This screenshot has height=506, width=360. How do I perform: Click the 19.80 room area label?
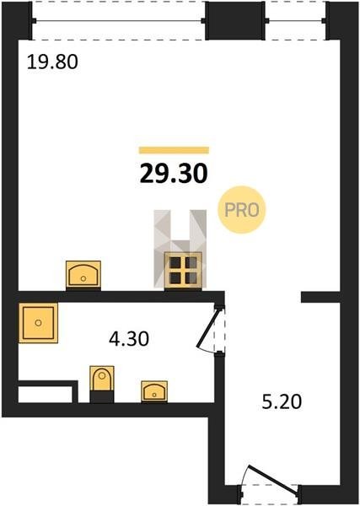(x=52, y=62)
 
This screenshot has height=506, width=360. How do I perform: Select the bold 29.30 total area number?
(x=174, y=173)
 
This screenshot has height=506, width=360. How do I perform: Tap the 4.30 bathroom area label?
(x=129, y=339)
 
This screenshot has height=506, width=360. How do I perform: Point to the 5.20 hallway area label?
(x=282, y=402)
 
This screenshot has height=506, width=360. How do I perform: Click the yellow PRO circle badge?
(x=242, y=210)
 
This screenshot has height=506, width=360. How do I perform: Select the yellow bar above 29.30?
(x=174, y=150)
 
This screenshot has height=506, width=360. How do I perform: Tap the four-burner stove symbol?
(x=183, y=270)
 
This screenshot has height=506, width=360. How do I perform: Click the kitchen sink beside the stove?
(x=83, y=274)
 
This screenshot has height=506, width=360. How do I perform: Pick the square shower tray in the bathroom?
(x=39, y=323)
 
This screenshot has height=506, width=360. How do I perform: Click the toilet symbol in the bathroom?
(x=102, y=384)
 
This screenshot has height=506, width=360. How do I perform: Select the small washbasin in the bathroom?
(x=154, y=391)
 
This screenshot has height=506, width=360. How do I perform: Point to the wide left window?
(x=119, y=21)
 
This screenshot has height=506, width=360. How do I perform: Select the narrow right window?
(x=296, y=21)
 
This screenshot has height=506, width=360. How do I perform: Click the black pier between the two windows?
(x=235, y=20)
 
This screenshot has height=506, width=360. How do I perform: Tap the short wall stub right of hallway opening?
(x=320, y=297)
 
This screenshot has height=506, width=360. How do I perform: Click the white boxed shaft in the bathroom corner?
(x=46, y=395)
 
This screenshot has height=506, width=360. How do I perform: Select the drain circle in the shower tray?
(x=39, y=323)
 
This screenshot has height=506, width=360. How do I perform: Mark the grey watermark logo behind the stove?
(x=180, y=249)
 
